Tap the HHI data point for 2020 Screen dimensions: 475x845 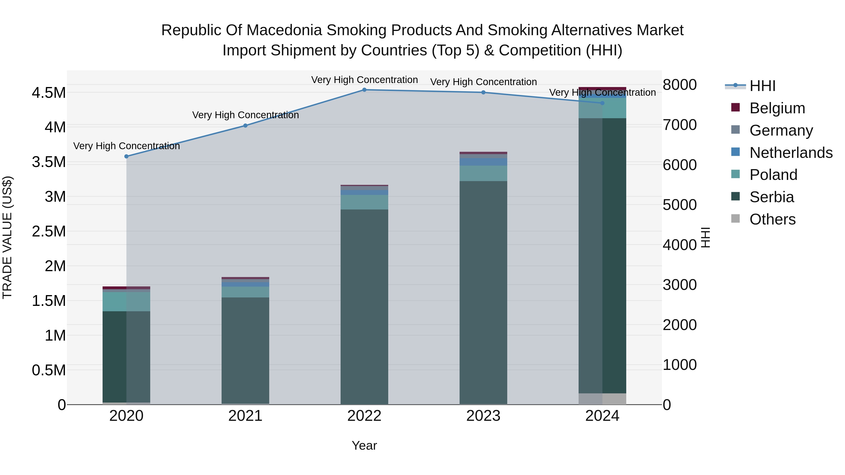pos(127,156)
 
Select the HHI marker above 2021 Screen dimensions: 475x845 pos(245,125)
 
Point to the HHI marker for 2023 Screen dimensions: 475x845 pos(483,92)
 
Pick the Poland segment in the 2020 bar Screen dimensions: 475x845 pos(127,302)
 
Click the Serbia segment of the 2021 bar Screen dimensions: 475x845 pos(245,351)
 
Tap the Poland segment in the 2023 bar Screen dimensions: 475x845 pos(483,173)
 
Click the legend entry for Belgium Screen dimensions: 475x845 pos(777,108)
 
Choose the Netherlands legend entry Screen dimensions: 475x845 pos(791,153)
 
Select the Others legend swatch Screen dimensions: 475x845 pos(736,219)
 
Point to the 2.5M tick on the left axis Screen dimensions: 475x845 pos(49,232)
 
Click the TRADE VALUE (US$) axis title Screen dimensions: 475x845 pos(8,237)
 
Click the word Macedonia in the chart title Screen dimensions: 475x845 pos(284,30)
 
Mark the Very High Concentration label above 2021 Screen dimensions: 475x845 pos(245,115)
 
